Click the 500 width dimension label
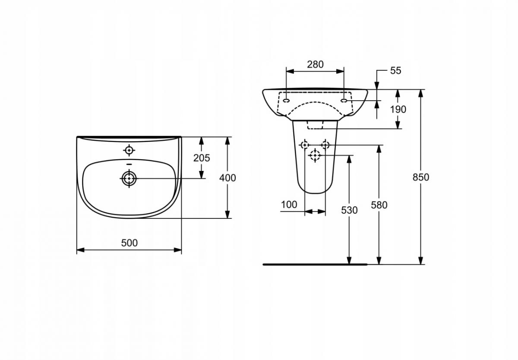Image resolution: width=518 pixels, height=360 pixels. point(129,243)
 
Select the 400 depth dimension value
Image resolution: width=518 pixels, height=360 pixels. point(227,177)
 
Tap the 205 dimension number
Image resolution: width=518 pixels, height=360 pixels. point(202,158)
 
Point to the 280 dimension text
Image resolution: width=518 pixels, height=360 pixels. point(315,64)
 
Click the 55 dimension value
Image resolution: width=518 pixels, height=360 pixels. point(395,71)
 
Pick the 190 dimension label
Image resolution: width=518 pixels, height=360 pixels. point(398,109)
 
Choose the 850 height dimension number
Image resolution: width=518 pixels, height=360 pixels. point(421,177)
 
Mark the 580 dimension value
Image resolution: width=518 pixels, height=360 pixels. point(379,205)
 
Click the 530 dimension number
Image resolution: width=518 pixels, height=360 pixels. point(349,210)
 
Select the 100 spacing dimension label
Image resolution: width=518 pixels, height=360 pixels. point(289,205)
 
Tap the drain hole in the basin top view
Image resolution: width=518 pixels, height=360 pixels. point(129,178)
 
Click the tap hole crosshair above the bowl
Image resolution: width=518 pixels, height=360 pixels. point(129,150)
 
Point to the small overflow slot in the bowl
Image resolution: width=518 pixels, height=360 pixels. point(129,164)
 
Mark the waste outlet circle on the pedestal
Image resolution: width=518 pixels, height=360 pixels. point(315,155)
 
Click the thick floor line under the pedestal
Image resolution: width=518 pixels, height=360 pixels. point(315,264)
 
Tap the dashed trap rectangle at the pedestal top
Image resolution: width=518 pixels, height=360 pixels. point(315,125)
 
